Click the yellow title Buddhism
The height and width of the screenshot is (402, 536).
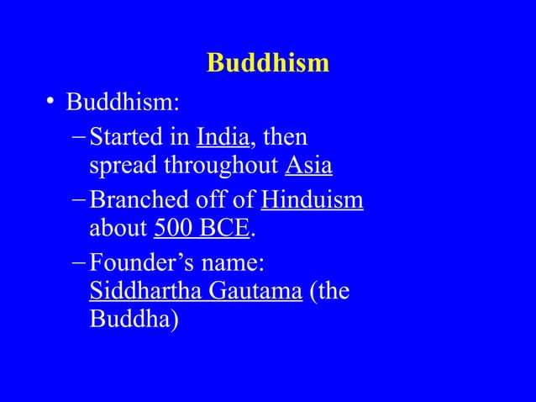tap(267, 63)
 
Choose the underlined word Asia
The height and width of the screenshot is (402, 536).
tap(308, 166)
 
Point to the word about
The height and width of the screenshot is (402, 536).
tap(118, 229)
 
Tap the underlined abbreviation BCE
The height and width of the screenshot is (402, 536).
tap(225, 229)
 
